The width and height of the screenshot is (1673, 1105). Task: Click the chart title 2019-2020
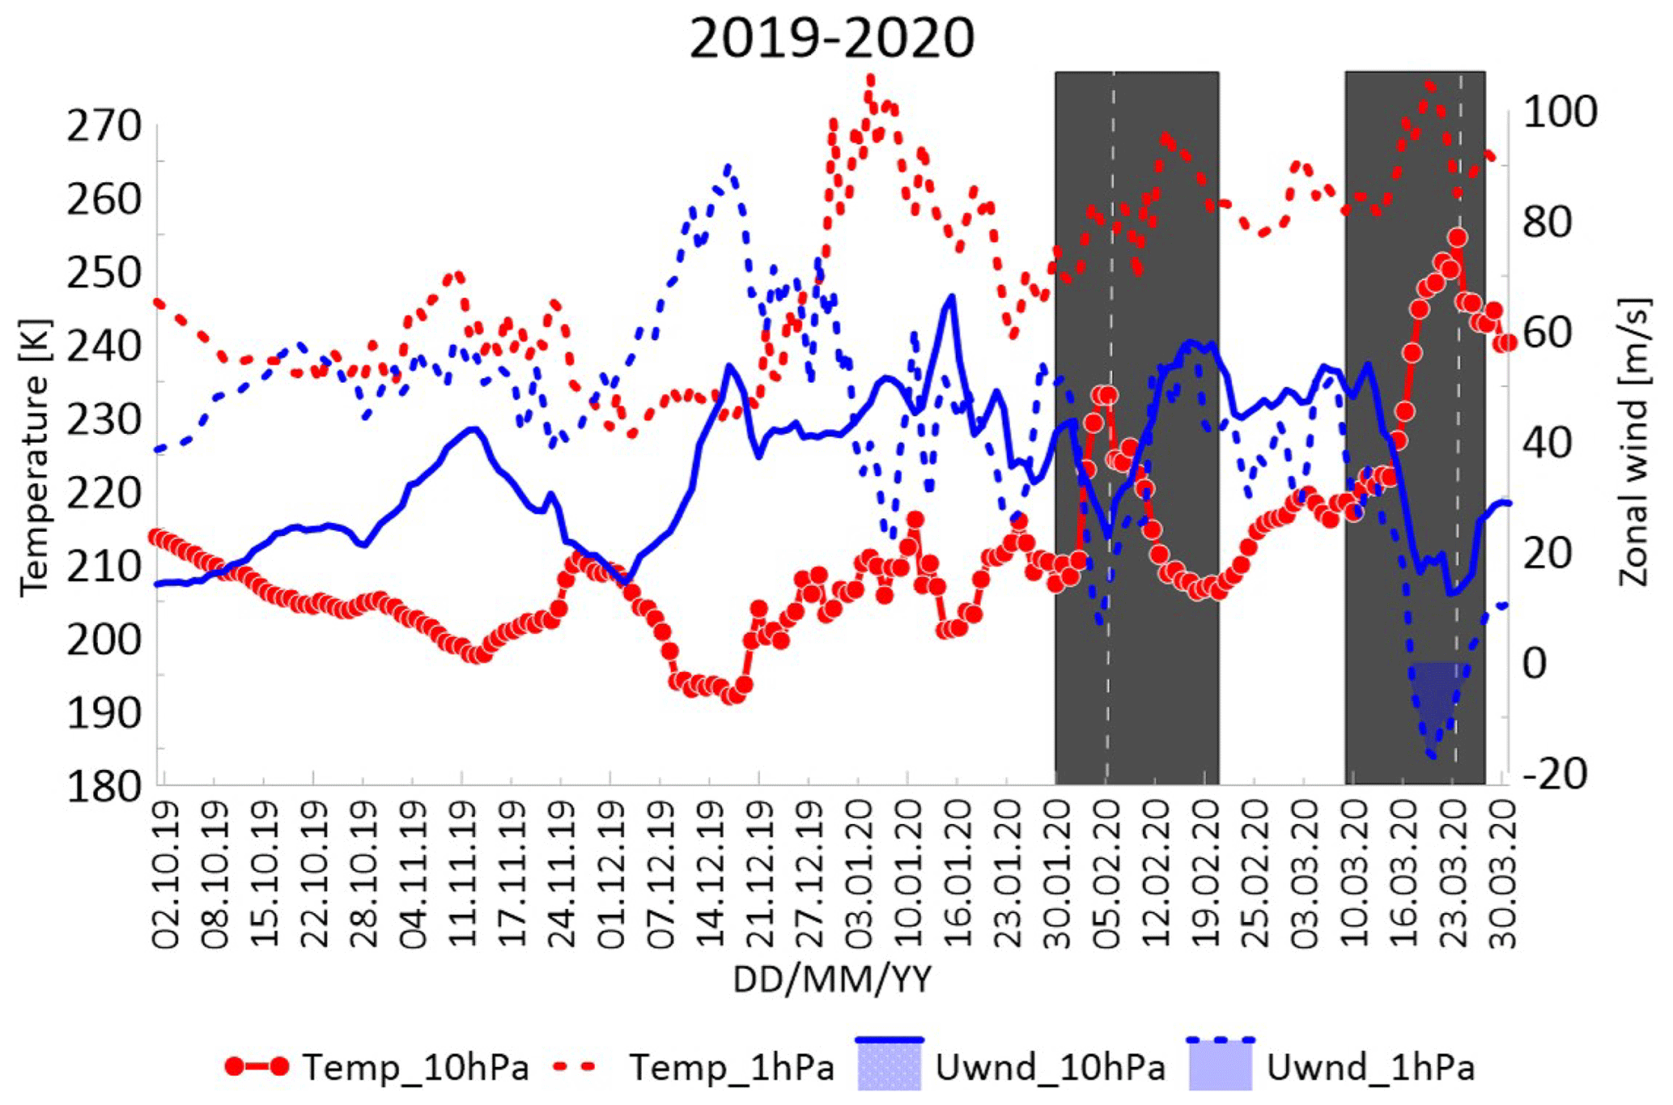(831, 38)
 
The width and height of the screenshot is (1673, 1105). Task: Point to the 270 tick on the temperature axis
(104, 126)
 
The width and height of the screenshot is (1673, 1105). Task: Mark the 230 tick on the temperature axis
(104, 420)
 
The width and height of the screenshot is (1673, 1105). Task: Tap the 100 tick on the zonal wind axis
(1560, 112)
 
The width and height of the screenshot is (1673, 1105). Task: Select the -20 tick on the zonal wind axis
(1556, 774)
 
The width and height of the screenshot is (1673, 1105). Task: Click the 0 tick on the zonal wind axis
(1535, 664)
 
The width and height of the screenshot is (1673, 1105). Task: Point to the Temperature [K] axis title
(34, 458)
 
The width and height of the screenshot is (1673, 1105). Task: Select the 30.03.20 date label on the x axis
(1503, 873)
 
